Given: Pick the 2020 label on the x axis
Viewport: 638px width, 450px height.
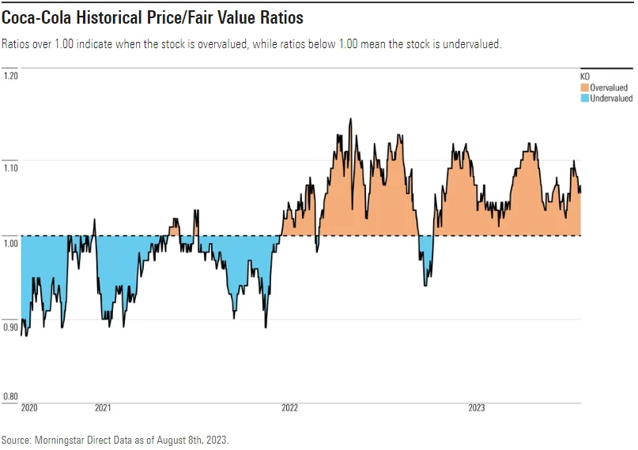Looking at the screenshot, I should coord(29,408).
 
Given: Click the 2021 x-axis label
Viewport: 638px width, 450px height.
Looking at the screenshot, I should coord(103,408).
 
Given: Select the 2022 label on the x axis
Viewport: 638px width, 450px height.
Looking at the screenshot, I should coord(289,408).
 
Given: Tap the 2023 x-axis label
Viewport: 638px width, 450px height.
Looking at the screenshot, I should coord(477,408).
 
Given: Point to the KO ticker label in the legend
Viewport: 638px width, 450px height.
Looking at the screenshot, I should coord(585,76).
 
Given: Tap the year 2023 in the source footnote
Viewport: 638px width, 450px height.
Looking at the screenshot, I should coord(216,439).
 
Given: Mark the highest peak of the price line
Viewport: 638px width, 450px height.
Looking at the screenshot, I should coord(350,119).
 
